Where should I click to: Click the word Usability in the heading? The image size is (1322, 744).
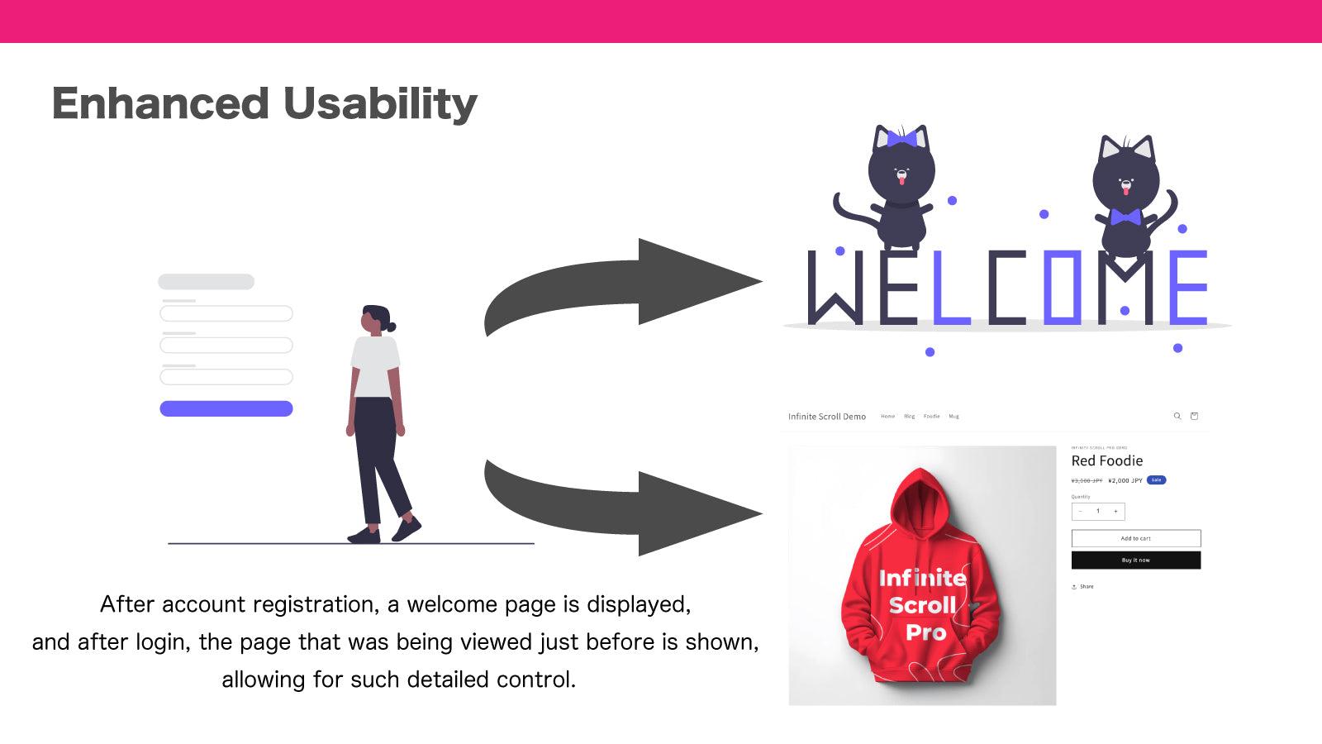tap(380, 104)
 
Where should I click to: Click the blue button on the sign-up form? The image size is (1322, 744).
tap(226, 408)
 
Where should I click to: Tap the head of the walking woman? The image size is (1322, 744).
tap(375, 319)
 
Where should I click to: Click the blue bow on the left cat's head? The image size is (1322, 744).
tap(901, 138)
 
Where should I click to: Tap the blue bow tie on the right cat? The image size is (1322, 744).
tap(1125, 217)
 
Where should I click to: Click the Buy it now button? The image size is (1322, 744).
tap(1135, 560)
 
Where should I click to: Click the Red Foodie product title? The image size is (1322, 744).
tap(1107, 461)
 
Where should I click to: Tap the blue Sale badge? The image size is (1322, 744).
tap(1157, 479)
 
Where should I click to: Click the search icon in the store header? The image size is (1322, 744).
tap(1177, 416)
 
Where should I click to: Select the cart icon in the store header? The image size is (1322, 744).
tap(1194, 416)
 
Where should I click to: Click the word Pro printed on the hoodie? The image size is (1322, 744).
tap(925, 633)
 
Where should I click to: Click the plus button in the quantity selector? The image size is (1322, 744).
tap(1115, 511)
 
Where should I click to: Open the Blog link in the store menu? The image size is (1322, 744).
tap(909, 417)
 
